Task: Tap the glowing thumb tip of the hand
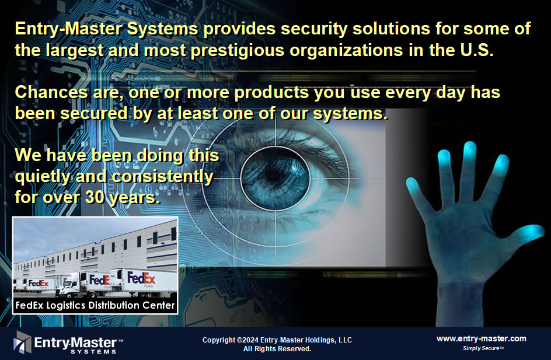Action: click(x=530, y=232)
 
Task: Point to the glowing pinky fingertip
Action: click(x=413, y=186)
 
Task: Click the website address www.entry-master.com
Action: click(x=482, y=338)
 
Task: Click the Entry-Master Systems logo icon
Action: click(x=22, y=342)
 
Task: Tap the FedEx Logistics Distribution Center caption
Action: click(x=95, y=305)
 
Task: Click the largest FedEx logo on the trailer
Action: click(x=141, y=278)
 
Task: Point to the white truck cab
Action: click(x=69, y=285)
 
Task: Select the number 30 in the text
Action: click(x=95, y=197)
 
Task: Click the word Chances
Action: click(x=51, y=92)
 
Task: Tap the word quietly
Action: click(x=43, y=177)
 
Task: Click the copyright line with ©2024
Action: click(x=277, y=340)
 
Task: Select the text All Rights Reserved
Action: click(x=277, y=349)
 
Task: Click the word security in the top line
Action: click(x=314, y=29)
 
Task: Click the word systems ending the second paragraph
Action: click(x=350, y=113)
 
